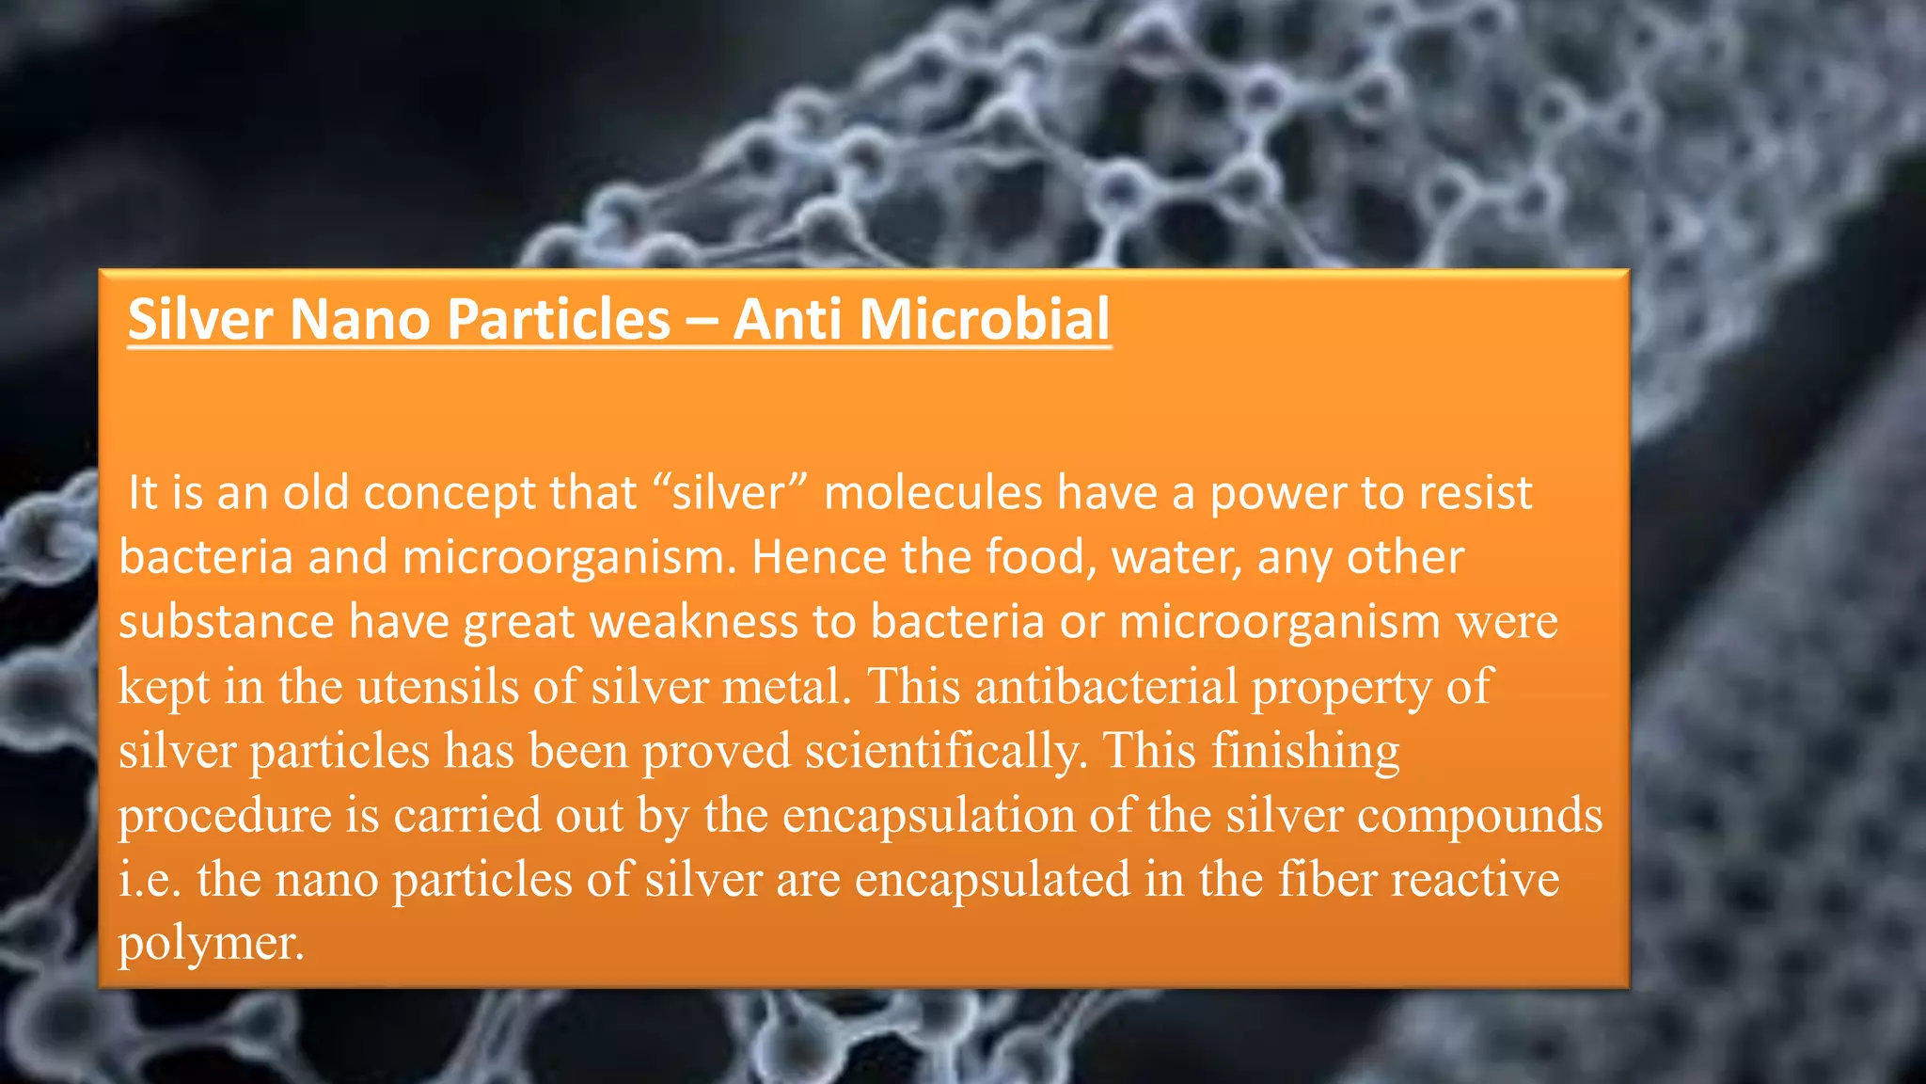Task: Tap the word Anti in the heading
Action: point(787,318)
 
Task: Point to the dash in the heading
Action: point(701,320)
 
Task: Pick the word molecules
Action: point(933,493)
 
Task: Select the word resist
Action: point(1475,493)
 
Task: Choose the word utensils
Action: point(437,686)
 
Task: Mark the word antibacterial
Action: point(1106,686)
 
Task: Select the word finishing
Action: point(1305,751)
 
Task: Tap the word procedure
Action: point(225,815)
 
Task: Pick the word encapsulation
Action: point(928,815)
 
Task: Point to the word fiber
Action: point(1326,879)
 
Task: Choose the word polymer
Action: point(211,943)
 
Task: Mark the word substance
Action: point(226,622)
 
